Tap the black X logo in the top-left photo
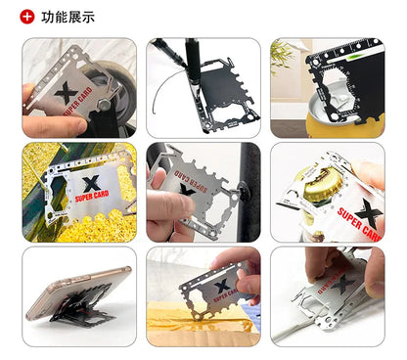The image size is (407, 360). pyautogui.click(x=68, y=94)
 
